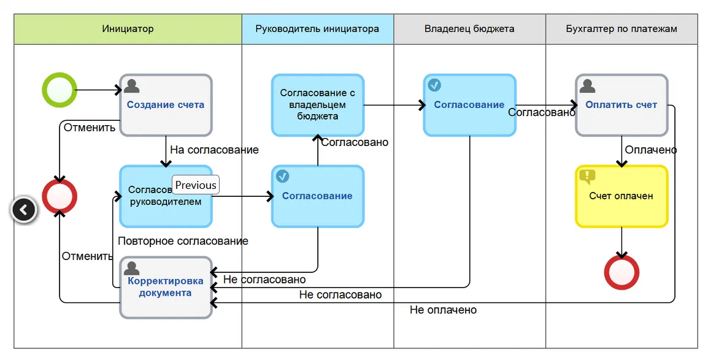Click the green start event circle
click(60, 90)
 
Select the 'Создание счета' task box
click(166, 105)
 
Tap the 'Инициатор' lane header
click(128, 29)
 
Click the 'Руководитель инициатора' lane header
click(317, 29)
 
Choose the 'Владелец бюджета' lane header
click(469, 29)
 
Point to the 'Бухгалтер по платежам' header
click(621, 29)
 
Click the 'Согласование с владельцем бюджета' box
click(318, 105)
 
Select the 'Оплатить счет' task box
click(621, 105)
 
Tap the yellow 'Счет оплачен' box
click(621, 196)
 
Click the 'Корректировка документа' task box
click(166, 288)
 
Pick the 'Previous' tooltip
click(196, 185)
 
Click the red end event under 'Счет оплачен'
click(621, 272)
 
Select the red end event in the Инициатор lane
click(60, 196)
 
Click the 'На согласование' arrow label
click(214, 150)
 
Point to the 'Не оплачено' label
click(443, 310)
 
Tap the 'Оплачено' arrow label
click(650, 150)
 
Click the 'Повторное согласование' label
click(183, 241)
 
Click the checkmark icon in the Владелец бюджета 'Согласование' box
click(434, 85)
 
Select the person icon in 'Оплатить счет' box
click(587, 85)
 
